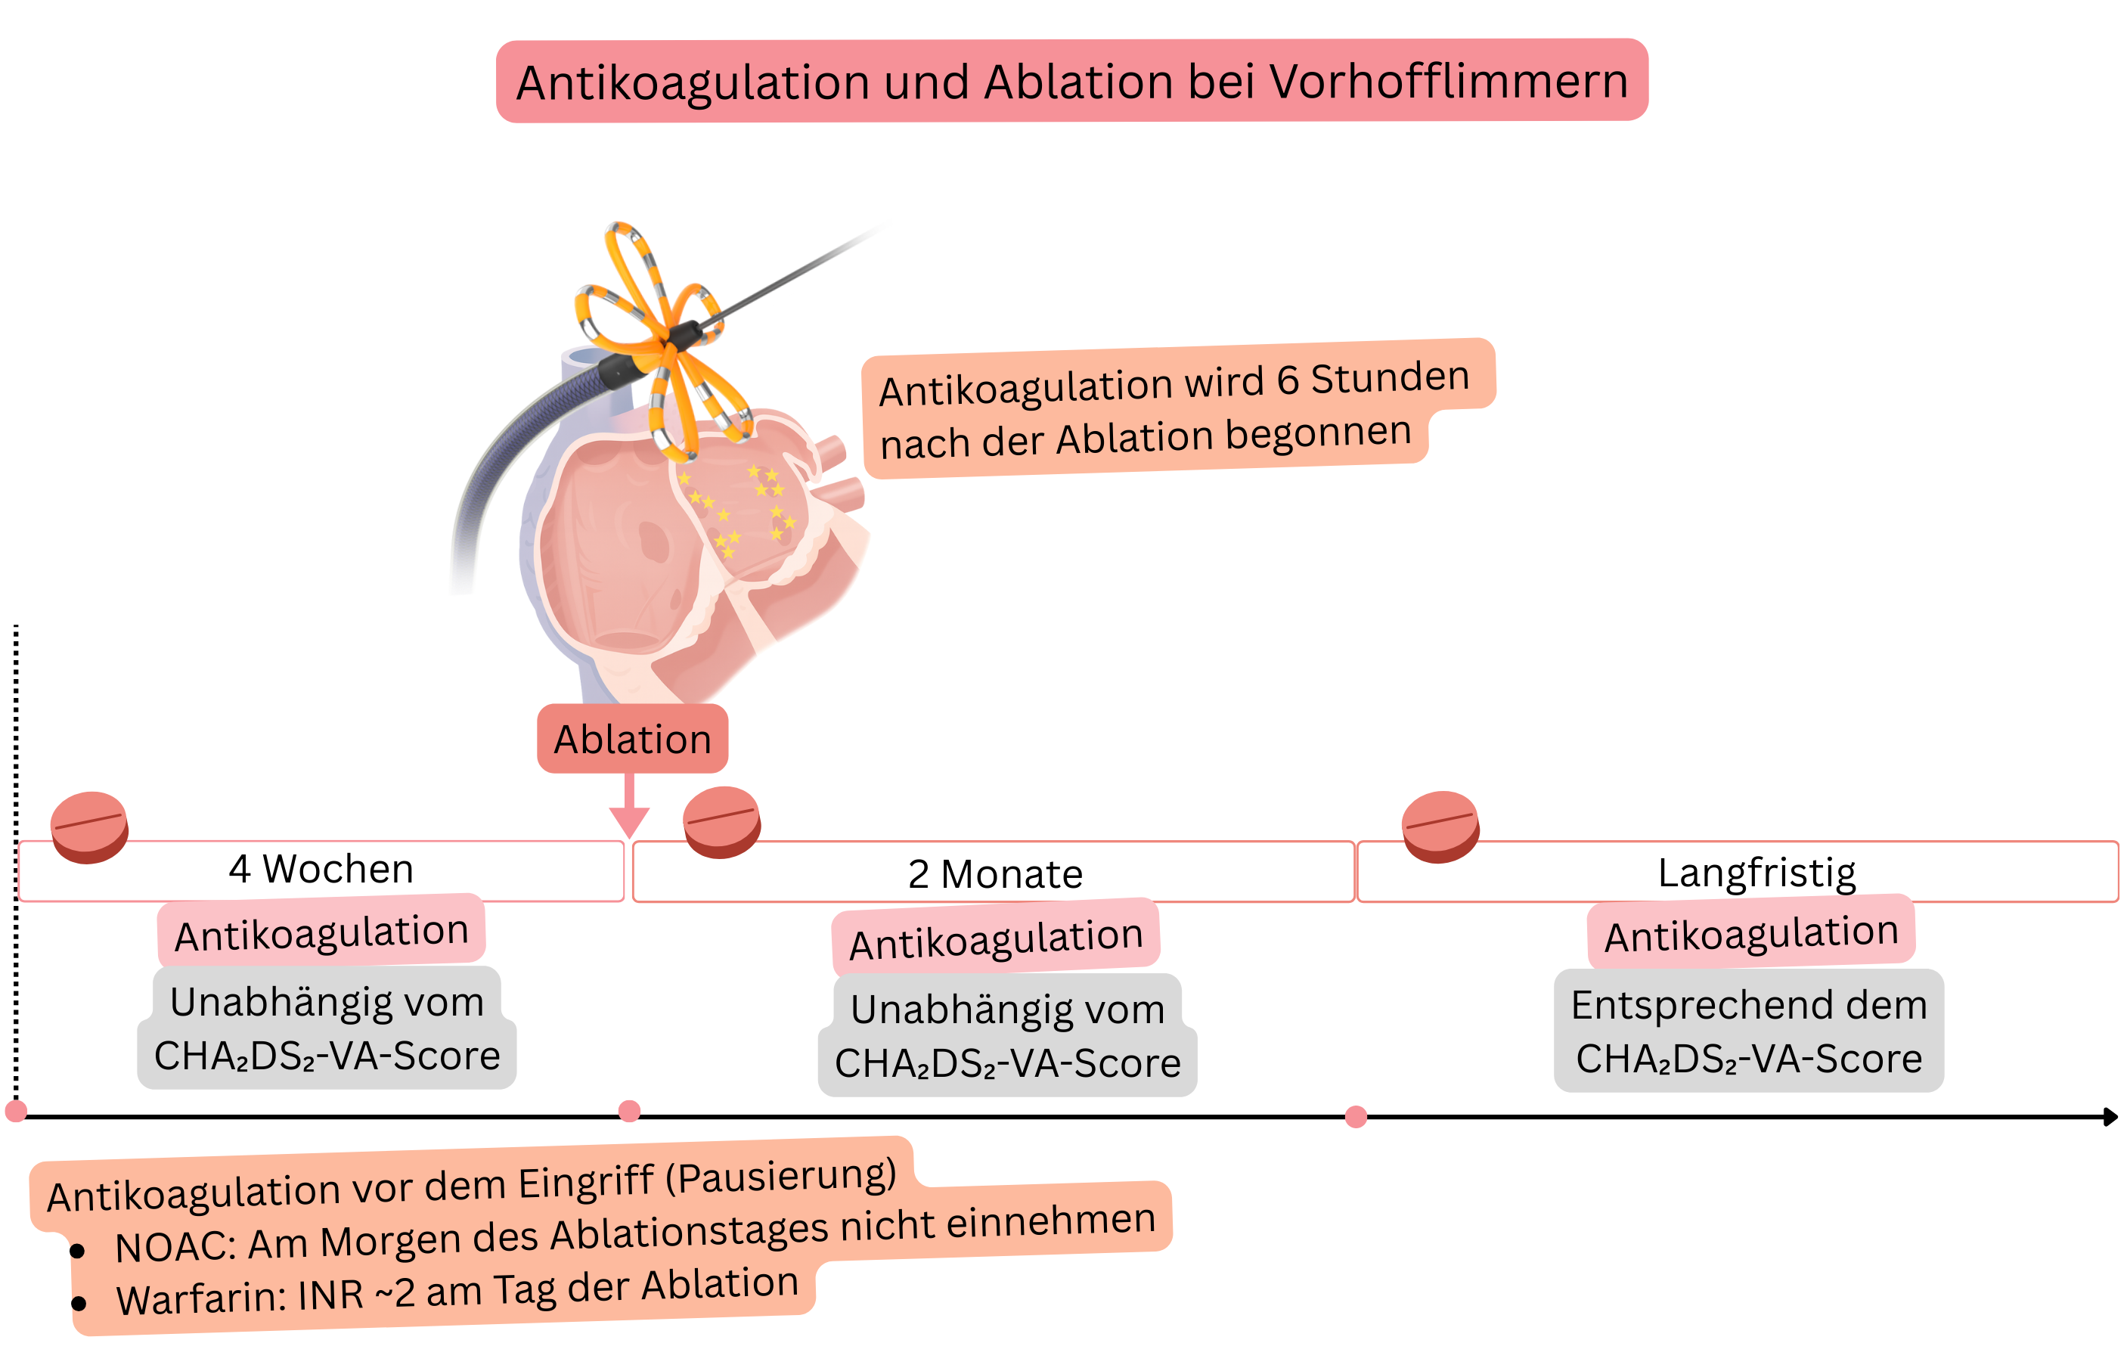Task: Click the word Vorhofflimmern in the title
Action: coord(1448,82)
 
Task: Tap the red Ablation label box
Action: coord(632,739)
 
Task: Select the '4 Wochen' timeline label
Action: coord(321,869)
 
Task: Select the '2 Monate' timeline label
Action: coord(995,874)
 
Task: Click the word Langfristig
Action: coord(1756,873)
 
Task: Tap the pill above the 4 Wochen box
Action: coord(89,827)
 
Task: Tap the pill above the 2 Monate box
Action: coord(722,820)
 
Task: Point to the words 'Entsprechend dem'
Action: coord(1748,1005)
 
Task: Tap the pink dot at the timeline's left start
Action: coord(16,1111)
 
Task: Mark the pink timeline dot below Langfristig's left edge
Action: coord(1356,1116)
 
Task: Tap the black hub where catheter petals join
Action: coord(684,337)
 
